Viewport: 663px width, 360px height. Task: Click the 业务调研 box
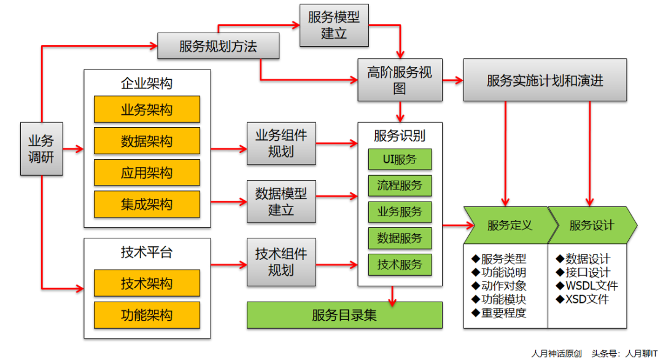[x=42, y=149]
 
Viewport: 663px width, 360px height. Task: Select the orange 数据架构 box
[x=147, y=141]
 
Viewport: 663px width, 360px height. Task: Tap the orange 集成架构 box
[x=147, y=204]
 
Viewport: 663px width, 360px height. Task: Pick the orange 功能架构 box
[x=147, y=315]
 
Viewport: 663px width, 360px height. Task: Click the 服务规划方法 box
[x=218, y=46]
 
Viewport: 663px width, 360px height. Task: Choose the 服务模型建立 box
[x=333, y=25]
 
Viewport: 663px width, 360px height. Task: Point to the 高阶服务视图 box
[x=400, y=80]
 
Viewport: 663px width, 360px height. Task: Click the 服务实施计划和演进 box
[x=545, y=80]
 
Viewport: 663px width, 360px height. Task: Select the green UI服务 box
[x=400, y=159]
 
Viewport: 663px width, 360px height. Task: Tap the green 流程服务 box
[x=400, y=186]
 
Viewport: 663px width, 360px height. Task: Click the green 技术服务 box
[x=400, y=264]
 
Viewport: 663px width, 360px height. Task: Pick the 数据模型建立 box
[x=281, y=202]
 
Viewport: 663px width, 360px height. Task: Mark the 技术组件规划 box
[x=281, y=262]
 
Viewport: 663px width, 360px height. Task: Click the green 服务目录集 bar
[x=344, y=315]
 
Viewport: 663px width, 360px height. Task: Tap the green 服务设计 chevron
[x=591, y=225]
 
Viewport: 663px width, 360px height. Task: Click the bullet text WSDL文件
[x=587, y=286]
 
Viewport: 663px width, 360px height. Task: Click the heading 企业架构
[x=147, y=83]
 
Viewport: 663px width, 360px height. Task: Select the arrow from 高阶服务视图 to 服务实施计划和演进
[x=452, y=80]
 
